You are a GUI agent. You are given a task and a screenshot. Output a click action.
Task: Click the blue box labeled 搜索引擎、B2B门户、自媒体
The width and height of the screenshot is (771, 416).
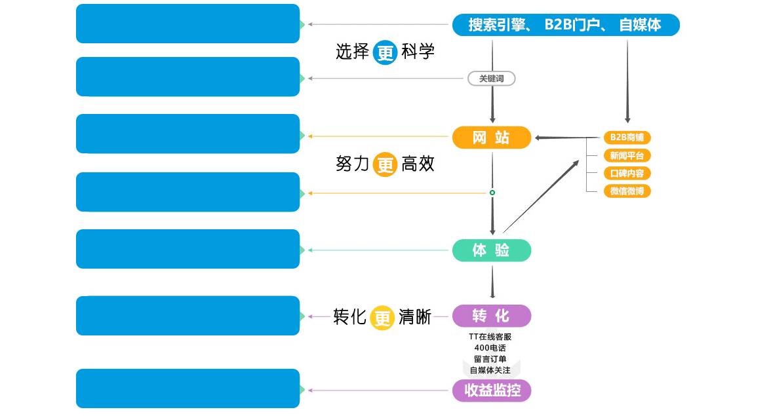pos(566,25)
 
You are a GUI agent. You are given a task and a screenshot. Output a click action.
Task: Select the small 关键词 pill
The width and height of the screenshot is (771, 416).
pos(492,79)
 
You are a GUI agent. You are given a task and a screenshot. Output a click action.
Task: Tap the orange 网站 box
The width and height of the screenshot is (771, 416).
pos(492,138)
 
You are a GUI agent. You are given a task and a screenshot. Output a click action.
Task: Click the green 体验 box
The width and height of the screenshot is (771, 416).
pos(492,250)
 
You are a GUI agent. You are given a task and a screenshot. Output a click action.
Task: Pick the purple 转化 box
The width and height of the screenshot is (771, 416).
pos(492,316)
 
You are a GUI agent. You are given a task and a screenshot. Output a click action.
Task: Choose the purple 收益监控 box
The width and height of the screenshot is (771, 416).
pos(492,391)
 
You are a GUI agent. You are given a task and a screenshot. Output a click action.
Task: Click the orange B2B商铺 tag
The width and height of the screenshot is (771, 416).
pos(627,138)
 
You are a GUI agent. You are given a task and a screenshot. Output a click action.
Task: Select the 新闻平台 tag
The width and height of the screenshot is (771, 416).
pos(627,155)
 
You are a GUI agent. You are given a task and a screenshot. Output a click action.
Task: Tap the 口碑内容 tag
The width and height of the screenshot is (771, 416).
pos(627,174)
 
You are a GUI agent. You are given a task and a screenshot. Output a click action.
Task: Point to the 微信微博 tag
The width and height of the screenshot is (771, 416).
pos(627,191)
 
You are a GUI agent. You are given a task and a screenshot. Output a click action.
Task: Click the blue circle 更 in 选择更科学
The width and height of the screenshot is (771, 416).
pos(385,52)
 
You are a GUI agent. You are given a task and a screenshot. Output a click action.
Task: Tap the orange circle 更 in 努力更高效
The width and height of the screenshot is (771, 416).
pos(385,164)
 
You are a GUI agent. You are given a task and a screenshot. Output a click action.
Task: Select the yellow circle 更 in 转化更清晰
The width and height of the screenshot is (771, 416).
pos(382,317)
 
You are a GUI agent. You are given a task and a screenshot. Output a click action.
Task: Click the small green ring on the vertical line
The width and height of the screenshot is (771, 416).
pos(492,193)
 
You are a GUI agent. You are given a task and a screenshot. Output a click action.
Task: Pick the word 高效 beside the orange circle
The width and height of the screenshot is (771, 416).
pos(418,164)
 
